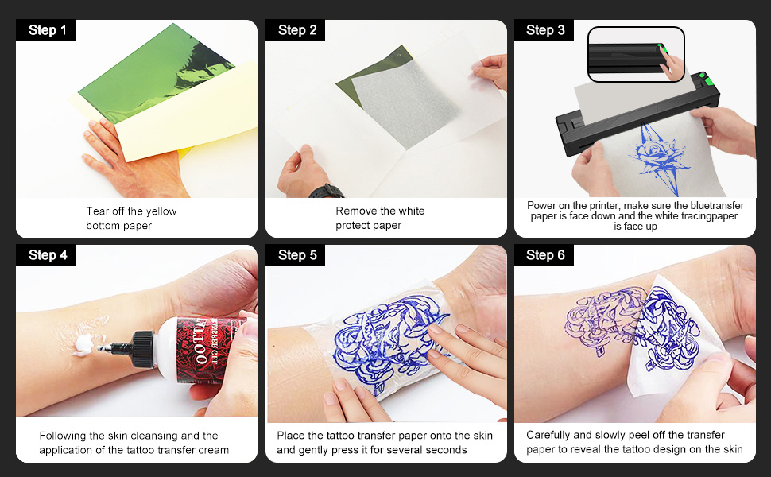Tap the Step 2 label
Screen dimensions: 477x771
[x=297, y=30]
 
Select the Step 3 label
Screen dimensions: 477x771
[x=544, y=30]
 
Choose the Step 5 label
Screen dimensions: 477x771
[x=297, y=255]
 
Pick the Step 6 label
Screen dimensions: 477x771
[x=544, y=255]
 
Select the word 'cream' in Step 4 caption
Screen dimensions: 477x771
[x=213, y=450]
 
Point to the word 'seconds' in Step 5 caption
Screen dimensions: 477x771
[x=447, y=450]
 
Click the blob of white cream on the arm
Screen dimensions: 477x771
[x=83, y=346]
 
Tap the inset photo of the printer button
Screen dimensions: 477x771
[x=635, y=53]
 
